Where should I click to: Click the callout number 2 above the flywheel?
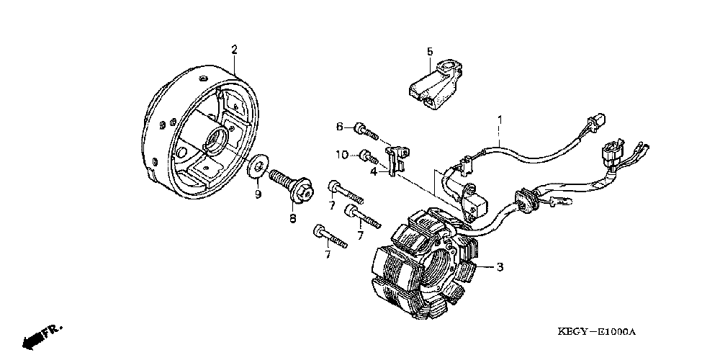click(234, 49)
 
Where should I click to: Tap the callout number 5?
click(430, 51)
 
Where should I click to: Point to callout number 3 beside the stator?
click(500, 267)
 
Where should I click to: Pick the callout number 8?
click(293, 219)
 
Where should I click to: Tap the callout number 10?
click(343, 155)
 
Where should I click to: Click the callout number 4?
click(374, 171)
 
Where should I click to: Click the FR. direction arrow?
click(40, 335)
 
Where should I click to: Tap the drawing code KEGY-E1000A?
click(598, 332)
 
